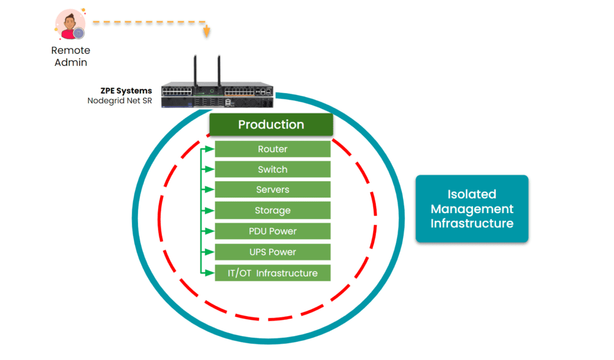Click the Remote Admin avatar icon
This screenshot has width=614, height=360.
click(x=70, y=25)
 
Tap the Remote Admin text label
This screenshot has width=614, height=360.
click(x=71, y=56)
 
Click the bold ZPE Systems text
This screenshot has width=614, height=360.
click(x=126, y=91)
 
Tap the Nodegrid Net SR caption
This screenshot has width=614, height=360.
click(x=119, y=101)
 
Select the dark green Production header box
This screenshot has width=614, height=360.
click(x=271, y=125)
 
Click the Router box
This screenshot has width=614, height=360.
click(x=273, y=149)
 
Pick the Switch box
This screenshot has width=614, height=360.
click(x=273, y=169)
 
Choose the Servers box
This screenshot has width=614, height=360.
click(x=273, y=190)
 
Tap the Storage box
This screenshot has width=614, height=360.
click(x=273, y=211)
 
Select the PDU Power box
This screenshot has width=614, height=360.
click(x=273, y=231)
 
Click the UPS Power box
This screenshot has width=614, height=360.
click(x=273, y=252)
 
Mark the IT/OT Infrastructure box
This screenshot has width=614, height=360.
click(x=273, y=273)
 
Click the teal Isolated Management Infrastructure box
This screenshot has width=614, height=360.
click(x=472, y=209)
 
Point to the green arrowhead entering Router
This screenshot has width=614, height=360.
click(x=210, y=149)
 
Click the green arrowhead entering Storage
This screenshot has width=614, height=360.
click(x=210, y=211)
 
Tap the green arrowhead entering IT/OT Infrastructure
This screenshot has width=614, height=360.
click(x=210, y=273)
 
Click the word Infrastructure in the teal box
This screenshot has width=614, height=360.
click(x=472, y=224)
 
